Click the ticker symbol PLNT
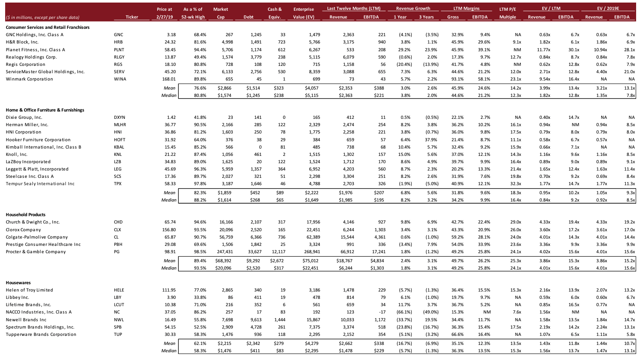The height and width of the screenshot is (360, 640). [119, 50]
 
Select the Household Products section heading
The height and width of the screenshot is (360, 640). [25, 214]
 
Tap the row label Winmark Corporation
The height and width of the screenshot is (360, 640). [29, 79]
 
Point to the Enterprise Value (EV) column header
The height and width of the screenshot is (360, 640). [304, 13]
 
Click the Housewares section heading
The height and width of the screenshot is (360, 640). [18, 282]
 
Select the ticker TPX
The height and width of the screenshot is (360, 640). [118, 183]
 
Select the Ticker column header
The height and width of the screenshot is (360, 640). [132, 17]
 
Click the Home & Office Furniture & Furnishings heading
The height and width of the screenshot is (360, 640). [45, 110]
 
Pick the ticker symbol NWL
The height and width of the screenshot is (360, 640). [119, 320]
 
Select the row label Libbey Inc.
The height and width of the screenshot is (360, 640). [18, 297]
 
